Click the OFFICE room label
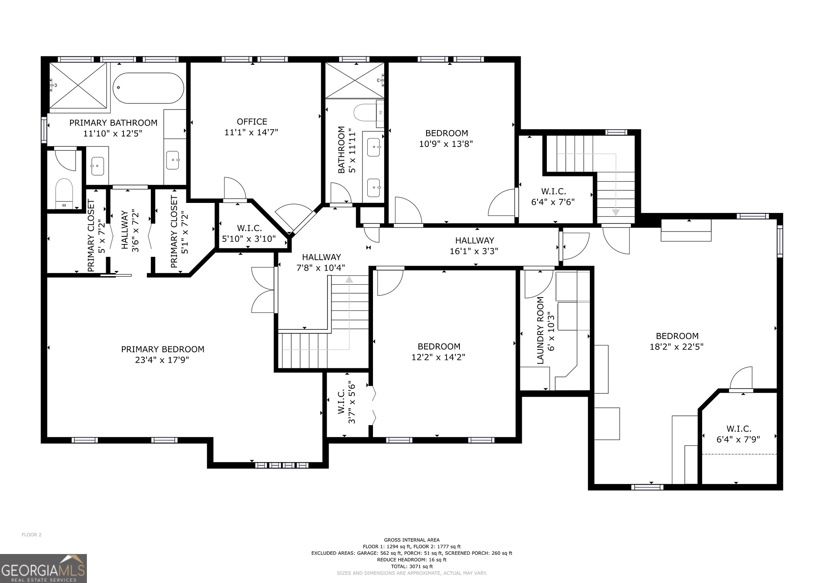point(252,122)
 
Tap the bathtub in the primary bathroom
point(148,88)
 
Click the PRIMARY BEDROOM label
point(163,349)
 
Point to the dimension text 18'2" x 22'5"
point(677,347)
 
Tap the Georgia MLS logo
point(43,568)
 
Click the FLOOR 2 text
point(31,535)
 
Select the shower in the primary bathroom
point(78,85)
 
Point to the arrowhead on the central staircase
point(349,279)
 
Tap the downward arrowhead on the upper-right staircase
point(616,212)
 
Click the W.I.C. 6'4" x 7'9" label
point(738,434)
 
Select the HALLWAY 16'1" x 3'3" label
point(474,246)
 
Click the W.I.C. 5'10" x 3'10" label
point(249,234)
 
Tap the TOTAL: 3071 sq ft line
point(412,566)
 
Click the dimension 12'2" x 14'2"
point(438,357)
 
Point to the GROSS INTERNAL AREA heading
point(412,540)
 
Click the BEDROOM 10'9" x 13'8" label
point(446,138)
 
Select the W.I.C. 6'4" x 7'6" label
point(553,196)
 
